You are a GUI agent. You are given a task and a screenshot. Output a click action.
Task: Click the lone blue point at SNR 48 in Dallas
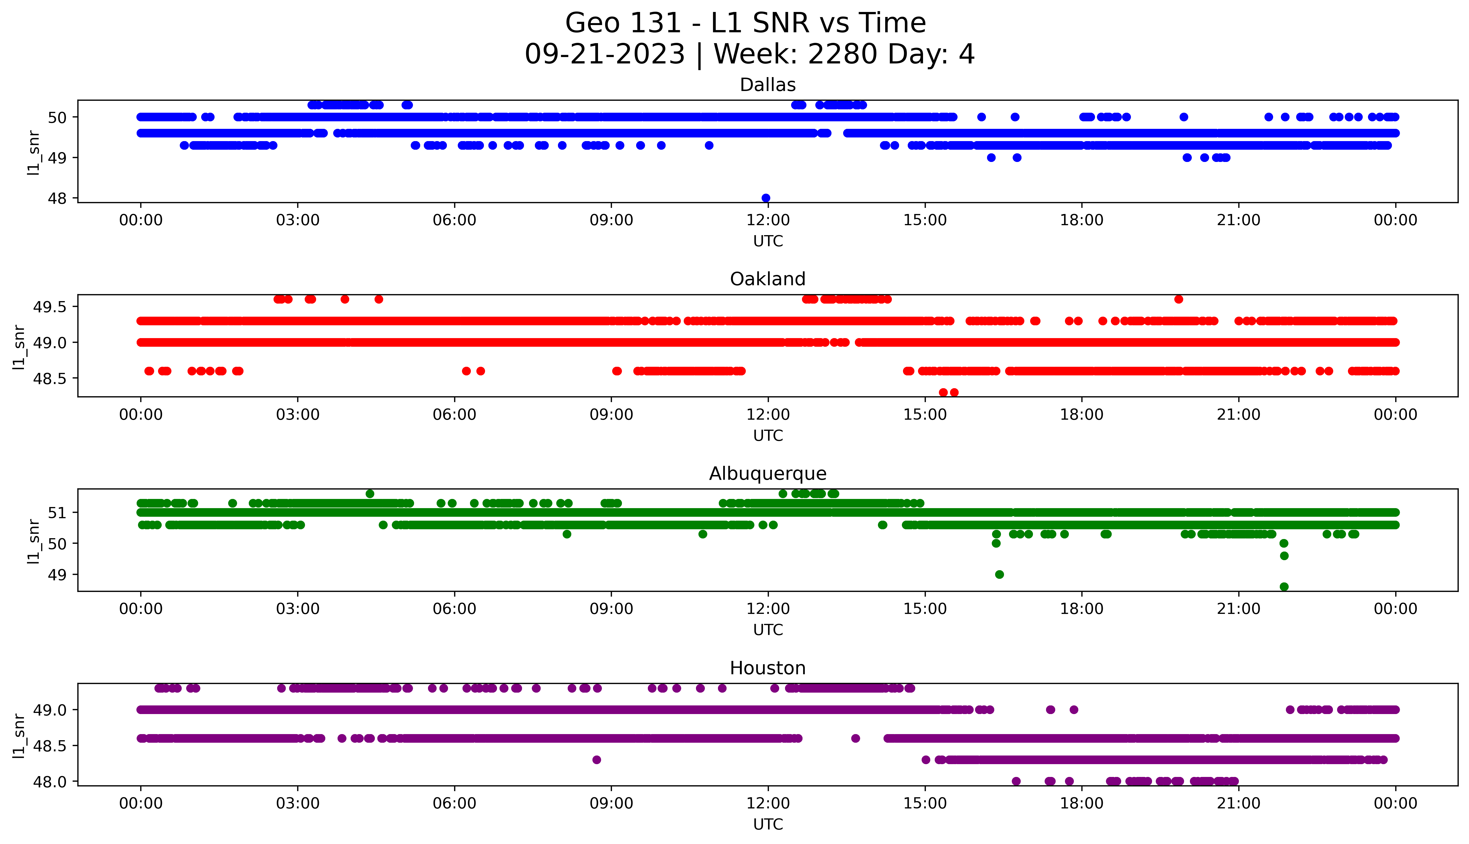click(x=766, y=198)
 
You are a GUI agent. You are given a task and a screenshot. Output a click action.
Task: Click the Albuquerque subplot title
click(x=768, y=474)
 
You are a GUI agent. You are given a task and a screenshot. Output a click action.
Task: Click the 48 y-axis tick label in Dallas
click(x=57, y=198)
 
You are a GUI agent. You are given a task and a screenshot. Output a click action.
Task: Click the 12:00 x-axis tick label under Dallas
click(x=768, y=220)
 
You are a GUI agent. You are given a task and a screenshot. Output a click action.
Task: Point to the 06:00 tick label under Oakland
click(x=454, y=414)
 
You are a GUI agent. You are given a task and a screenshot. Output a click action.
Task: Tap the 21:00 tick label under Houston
click(x=1238, y=803)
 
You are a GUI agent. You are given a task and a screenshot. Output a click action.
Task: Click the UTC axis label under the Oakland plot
click(x=768, y=435)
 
